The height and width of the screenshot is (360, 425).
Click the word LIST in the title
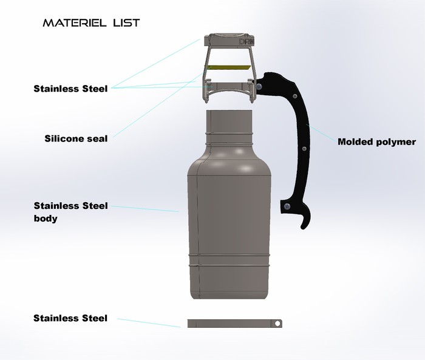[x=125, y=23]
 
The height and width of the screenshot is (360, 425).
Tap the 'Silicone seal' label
[x=76, y=138]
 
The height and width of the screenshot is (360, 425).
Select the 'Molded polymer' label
[x=376, y=142]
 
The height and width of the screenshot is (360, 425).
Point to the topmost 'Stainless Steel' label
[x=70, y=89]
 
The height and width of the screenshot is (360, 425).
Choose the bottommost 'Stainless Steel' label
[x=70, y=318]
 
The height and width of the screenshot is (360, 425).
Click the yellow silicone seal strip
[x=230, y=66]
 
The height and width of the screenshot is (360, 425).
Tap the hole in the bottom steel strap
[x=278, y=324]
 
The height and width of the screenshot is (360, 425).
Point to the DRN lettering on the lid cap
[x=246, y=42]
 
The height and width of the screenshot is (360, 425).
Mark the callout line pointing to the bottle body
[x=146, y=208]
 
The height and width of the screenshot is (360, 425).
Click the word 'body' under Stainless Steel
[x=46, y=218]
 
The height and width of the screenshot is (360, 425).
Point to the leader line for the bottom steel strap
[x=149, y=322]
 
